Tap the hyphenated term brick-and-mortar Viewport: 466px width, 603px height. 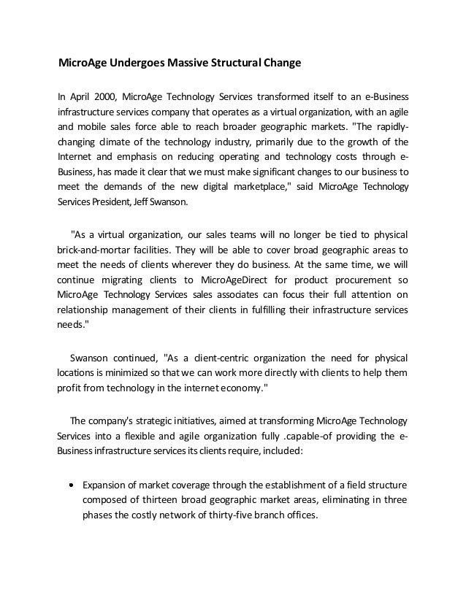point(92,248)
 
